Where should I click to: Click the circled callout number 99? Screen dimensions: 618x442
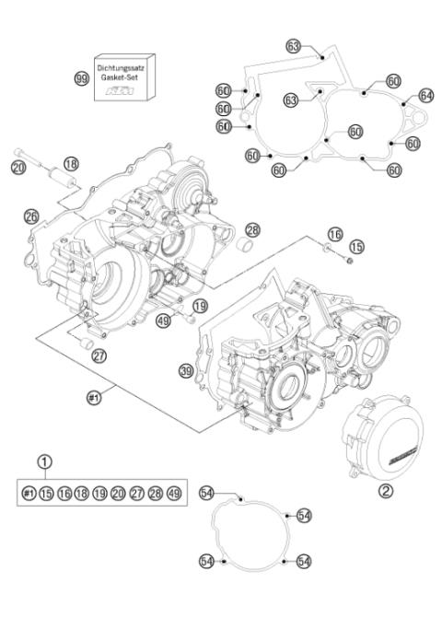click(x=81, y=78)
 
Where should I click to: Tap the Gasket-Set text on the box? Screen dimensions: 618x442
click(x=120, y=78)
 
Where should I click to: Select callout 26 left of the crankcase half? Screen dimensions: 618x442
click(x=31, y=216)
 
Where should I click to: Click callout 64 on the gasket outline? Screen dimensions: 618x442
click(x=425, y=96)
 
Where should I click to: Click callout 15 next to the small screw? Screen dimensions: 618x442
click(x=355, y=247)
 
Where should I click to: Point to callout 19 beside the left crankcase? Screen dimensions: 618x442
click(x=199, y=306)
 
